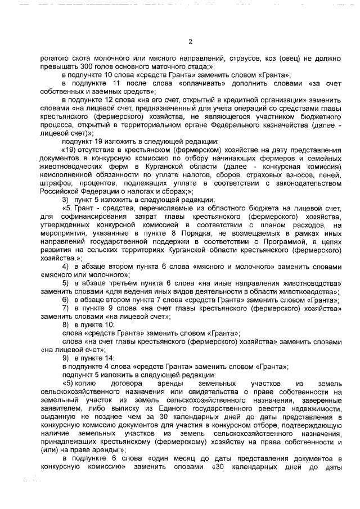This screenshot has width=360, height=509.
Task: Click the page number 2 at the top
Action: click(190, 42)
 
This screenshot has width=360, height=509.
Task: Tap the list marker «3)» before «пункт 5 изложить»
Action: click(65, 200)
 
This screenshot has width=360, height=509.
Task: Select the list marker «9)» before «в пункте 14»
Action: click(65, 358)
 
